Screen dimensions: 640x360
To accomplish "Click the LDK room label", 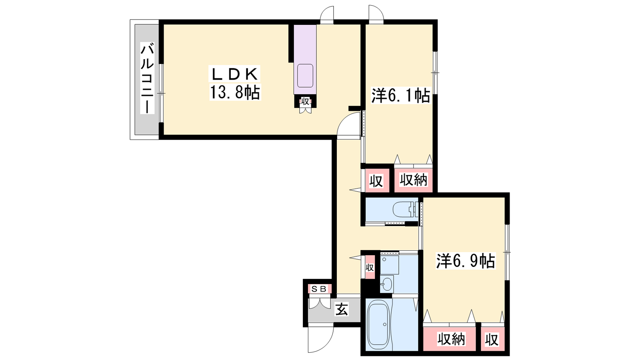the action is click(234, 74).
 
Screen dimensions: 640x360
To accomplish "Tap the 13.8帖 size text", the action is click(235, 92).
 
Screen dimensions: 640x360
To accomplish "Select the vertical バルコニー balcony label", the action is click(147, 78).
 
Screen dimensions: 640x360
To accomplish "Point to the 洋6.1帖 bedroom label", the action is click(400, 96).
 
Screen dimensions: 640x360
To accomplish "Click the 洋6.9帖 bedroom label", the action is click(466, 260).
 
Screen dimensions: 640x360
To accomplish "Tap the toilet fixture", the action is click(406, 210).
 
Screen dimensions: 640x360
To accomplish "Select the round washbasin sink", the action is click(386, 284).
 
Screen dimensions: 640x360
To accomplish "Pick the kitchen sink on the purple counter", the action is click(305, 76).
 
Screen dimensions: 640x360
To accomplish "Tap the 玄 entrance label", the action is click(342, 310).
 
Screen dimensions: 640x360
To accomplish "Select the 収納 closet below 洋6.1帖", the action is click(413, 180).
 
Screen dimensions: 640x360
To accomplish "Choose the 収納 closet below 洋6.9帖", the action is click(451, 339).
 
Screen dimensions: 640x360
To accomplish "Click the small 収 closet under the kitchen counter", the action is click(305, 102).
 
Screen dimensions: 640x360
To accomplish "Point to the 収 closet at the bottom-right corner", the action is click(492, 340).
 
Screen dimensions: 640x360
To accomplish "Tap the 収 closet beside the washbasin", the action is click(370, 268).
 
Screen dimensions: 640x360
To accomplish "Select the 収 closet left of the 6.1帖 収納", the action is click(376, 181).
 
